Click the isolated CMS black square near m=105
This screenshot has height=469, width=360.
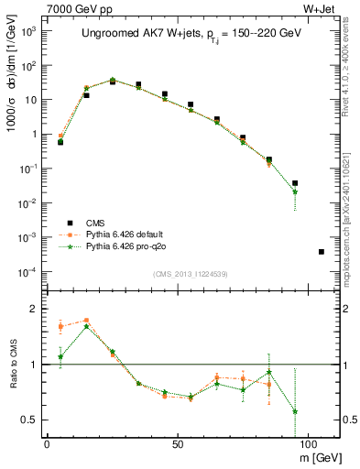point(321,251)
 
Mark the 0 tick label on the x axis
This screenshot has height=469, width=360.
point(47,442)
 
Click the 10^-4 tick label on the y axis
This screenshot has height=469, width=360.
point(29,272)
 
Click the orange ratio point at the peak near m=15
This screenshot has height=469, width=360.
point(86,321)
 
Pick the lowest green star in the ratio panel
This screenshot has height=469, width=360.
point(295,411)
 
